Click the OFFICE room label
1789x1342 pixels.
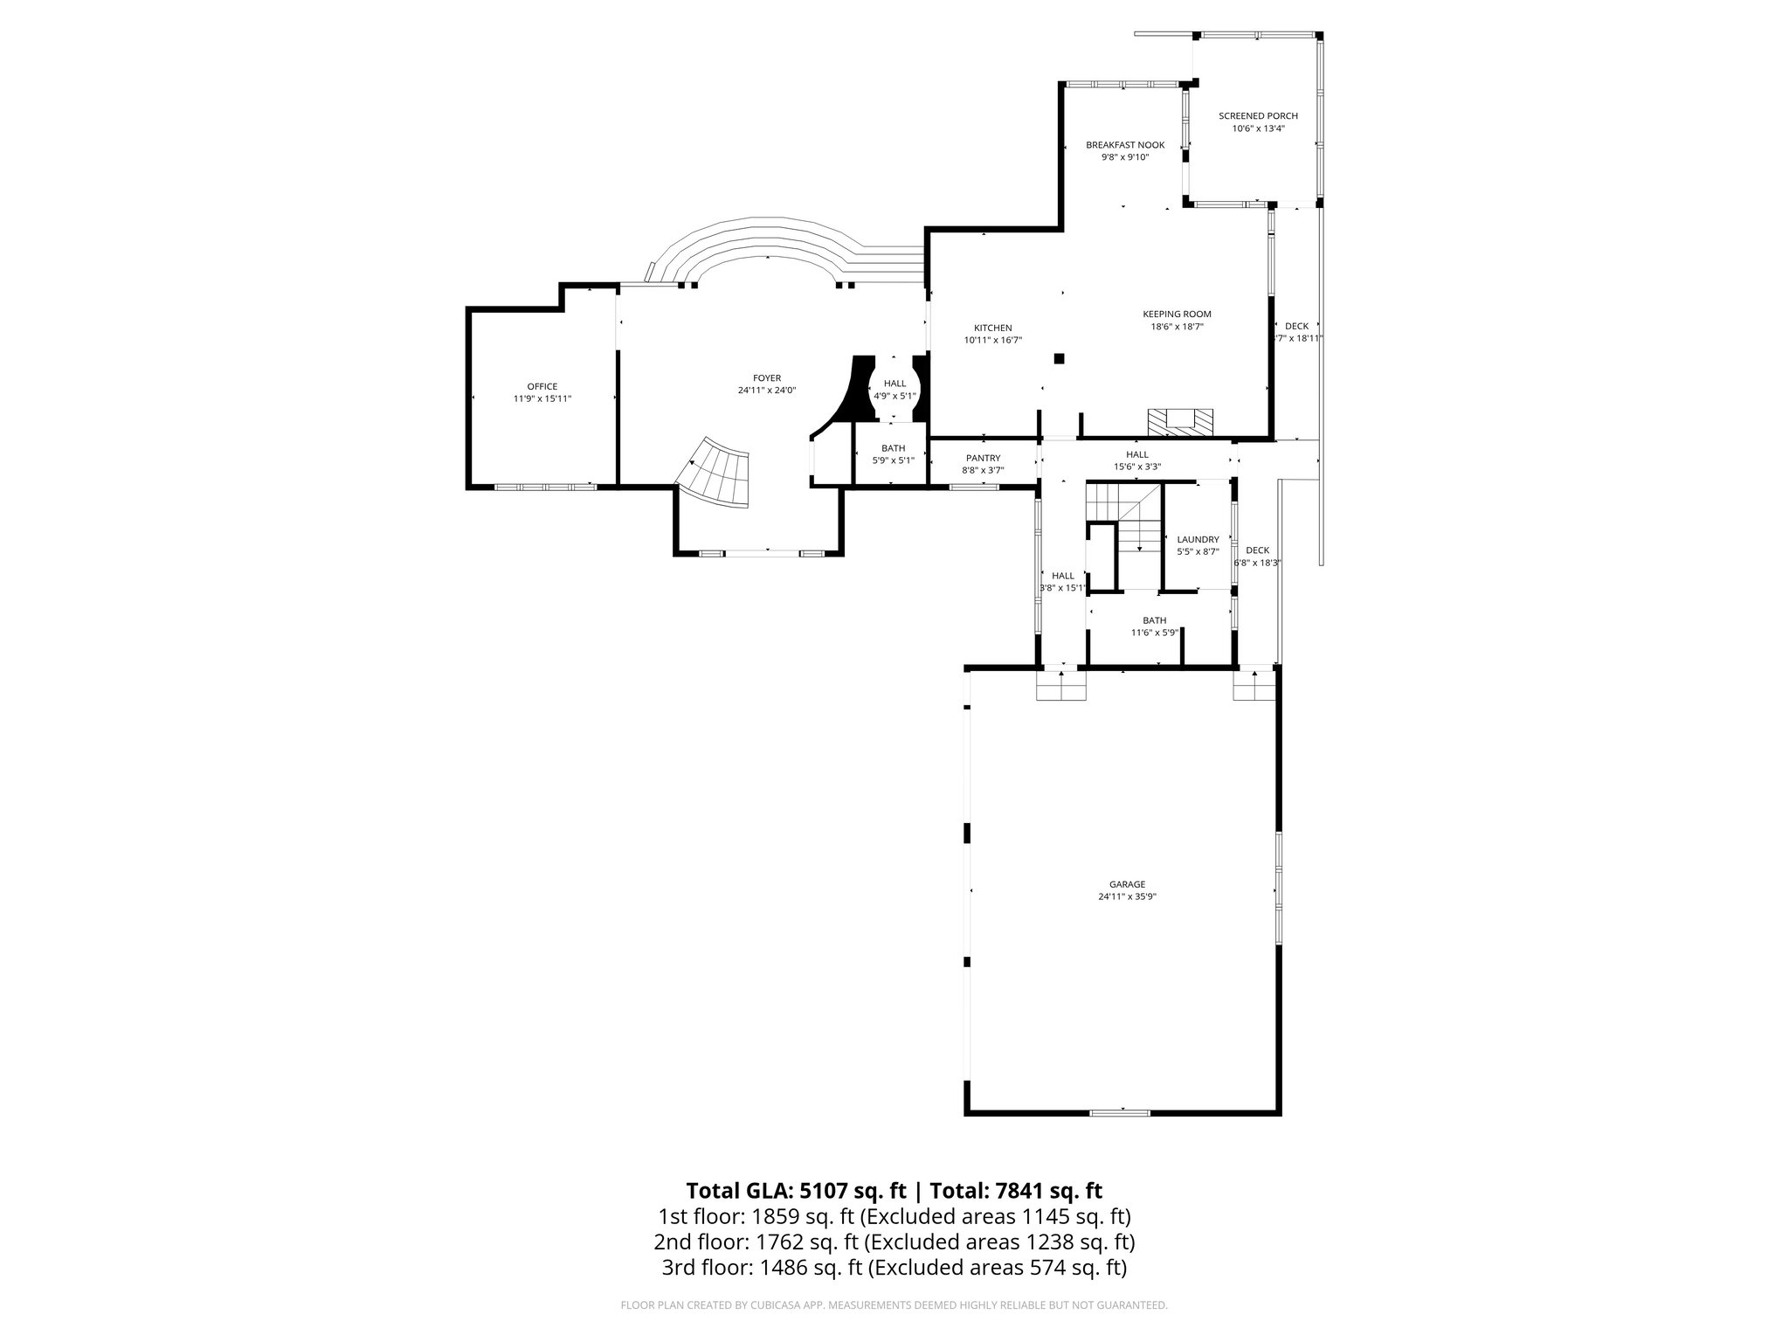click(x=542, y=386)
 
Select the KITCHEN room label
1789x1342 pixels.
click(x=992, y=328)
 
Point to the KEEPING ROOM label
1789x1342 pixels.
click(x=1177, y=315)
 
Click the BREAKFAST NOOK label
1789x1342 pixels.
click(x=1124, y=145)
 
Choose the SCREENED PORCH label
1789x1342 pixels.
click(x=1258, y=116)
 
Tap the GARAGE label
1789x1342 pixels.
click(x=1122, y=884)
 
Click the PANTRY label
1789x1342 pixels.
click(x=983, y=458)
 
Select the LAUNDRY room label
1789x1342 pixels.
click(x=1198, y=540)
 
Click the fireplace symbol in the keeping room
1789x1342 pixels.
click(x=1180, y=421)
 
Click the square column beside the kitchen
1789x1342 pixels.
click(x=1059, y=358)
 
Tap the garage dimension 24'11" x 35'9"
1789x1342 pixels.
click(x=1122, y=896)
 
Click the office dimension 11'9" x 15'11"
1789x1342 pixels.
click(x=542, y=398)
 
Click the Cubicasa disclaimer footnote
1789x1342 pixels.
click(x=894, y=1305)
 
